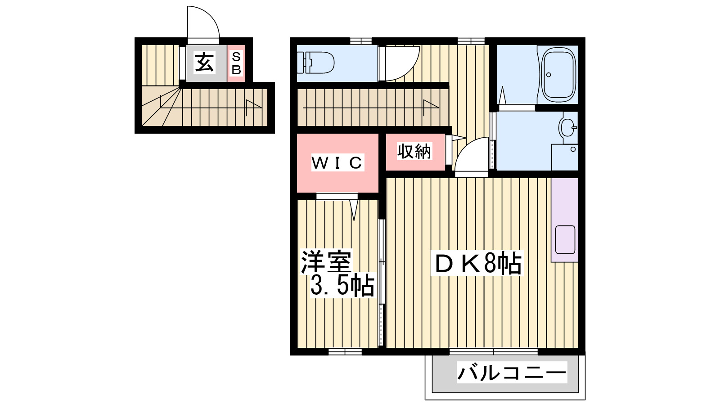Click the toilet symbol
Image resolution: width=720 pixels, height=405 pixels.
[316, 62]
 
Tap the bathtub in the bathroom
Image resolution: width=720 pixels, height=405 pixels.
[558, 75]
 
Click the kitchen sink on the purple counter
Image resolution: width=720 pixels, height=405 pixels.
[565, 239]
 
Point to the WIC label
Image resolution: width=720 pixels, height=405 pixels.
[337, 162]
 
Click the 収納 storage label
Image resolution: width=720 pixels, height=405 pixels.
[414, 151]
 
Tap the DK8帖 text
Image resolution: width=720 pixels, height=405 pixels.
[477, 263]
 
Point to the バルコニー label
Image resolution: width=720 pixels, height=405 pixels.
[512, 373]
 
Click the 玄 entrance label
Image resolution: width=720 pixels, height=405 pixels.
[205, 63]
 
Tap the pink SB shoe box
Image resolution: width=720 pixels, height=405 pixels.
[236, 63]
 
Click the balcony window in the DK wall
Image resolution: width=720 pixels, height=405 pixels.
[493, 351]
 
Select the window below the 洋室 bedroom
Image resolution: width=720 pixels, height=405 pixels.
[345, 351]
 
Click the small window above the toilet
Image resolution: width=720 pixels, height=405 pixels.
[361, 41]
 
